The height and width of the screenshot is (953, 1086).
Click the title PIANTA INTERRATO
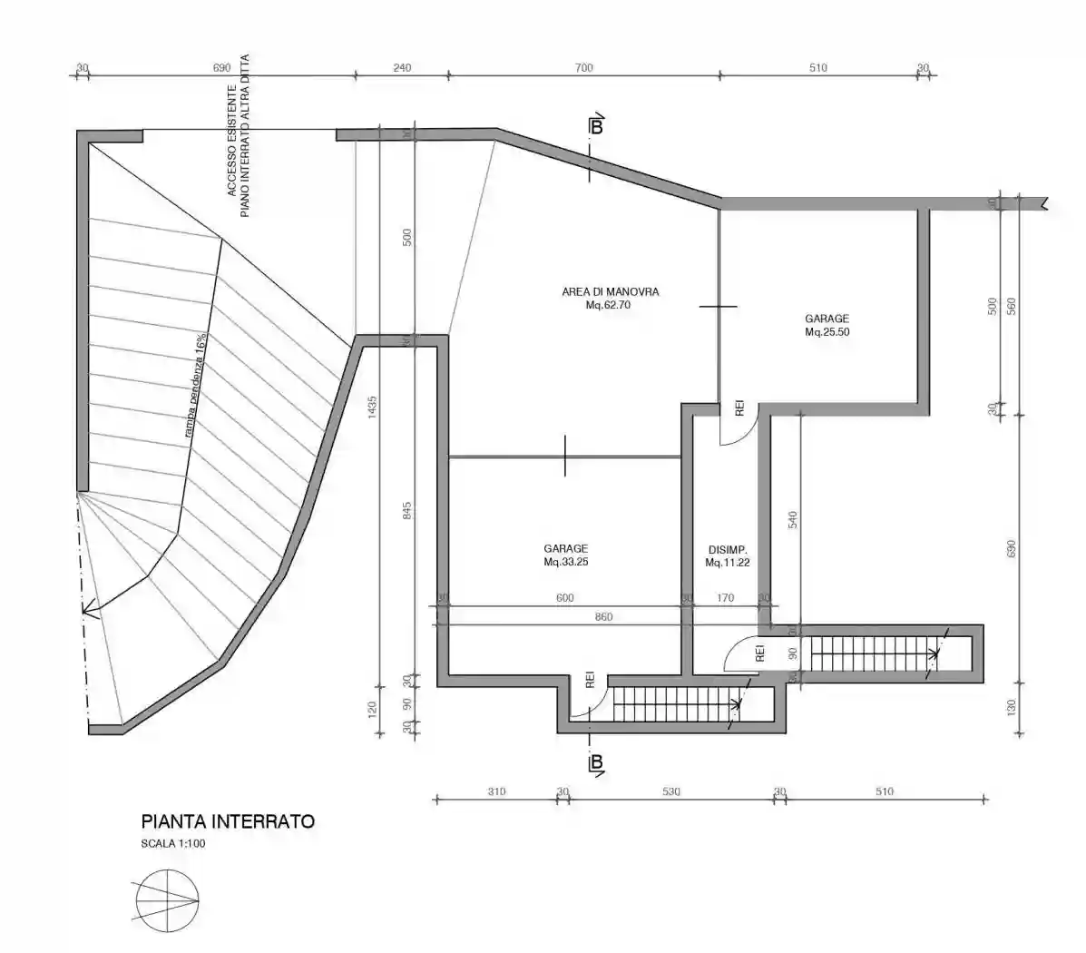[x=228, y=822]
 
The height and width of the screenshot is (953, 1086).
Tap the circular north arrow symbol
[x=167, y=899]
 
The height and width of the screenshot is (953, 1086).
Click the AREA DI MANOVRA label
[x=610, y=292]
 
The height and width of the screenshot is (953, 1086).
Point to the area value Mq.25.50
[x=827, y=332]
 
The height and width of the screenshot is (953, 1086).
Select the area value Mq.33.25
[x=565, y=562]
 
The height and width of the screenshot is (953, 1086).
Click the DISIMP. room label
[x=727, y=550]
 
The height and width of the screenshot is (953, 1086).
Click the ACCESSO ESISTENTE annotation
[x=232, y=141]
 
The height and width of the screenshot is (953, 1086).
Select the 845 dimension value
[x=406, y=517]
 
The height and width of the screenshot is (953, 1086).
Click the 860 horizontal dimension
[x=603, y=617]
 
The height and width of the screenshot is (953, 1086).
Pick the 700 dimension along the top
[x=583, y=67]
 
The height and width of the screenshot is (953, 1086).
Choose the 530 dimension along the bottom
[x=670, y=791]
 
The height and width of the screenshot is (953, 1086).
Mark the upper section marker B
[x=596, y=126]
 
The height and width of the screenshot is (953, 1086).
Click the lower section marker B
[x=596, y=764]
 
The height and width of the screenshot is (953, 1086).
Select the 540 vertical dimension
[x=792, y=519]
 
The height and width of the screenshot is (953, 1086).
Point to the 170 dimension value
[x=725, y=598]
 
